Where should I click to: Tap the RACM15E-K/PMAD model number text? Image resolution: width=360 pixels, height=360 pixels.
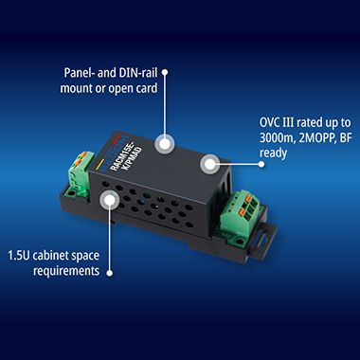(x=126, y=158)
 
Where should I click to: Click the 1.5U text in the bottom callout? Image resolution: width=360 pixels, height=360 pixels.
(x=19, y=256)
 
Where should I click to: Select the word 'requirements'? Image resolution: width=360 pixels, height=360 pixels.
(x=66, y=271)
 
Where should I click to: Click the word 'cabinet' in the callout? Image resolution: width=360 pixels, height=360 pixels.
(x=50, y=256)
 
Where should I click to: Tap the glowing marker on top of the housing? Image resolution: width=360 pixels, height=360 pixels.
(x=165, y=144)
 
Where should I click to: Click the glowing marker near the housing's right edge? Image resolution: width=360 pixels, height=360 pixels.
(x=208, y=164)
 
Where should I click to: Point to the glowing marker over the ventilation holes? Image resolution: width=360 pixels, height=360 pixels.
(x=109, y=200)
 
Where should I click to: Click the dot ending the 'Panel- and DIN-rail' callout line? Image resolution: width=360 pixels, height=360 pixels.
(x=165, y=72)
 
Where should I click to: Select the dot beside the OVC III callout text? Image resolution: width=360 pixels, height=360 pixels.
(x=261, y=164)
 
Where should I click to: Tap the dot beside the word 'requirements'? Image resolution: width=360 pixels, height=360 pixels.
(x=109, y=273)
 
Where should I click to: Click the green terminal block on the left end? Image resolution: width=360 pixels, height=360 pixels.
(x=81, y=173)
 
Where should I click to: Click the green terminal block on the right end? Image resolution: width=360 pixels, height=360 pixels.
(x=240, y=211)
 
